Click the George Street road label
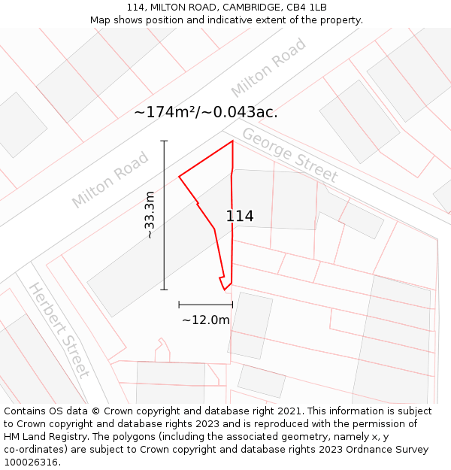coord(289,156)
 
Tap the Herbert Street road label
coord(59,329)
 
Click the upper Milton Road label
coord(268,68)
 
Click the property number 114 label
coord(240,217)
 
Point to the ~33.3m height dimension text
coord(150,215)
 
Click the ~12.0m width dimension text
coord(205,320)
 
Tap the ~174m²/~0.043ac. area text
coord(205,113)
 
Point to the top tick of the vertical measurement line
coord(164,141)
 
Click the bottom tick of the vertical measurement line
coord(164,290)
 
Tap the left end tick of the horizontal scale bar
coord(179,305)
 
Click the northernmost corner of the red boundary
coord(232,141)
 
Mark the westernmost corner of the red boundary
coord(179,177)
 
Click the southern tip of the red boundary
coord(224,290)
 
